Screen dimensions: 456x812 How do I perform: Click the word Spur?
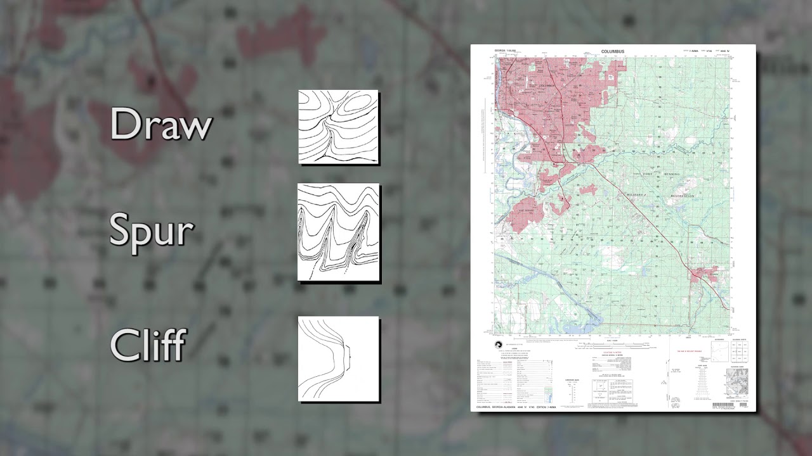(151, 231)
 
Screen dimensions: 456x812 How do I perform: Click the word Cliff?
(148, 345)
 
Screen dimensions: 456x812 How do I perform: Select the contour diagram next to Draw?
(339, 127)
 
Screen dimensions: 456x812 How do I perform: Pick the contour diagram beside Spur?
(339, 232)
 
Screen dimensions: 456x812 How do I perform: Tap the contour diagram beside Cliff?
(339, 359)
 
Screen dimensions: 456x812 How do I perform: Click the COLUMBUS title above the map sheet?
(613, 51)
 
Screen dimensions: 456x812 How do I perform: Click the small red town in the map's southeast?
(704, 274)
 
